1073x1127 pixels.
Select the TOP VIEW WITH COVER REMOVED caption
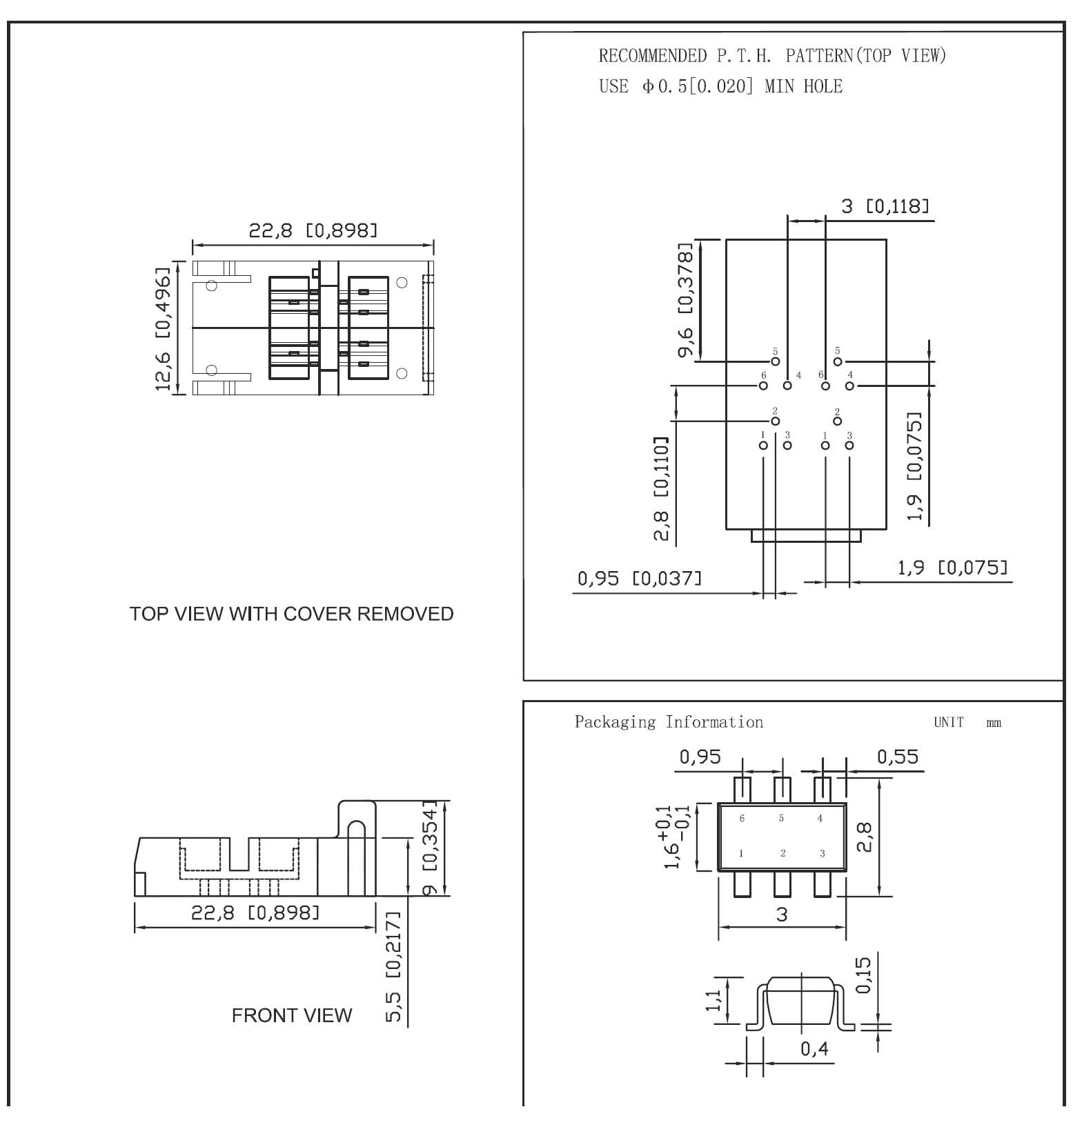(x=291, y=614)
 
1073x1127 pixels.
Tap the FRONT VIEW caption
(x=291, y=1015)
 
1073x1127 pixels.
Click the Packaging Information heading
(x=669, y=722)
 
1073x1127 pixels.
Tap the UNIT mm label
(x=967, y=722)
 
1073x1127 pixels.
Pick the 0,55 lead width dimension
(x=898, y=757)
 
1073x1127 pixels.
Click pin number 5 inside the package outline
(x=781, y=819)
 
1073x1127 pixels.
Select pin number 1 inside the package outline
(x=741, y=853)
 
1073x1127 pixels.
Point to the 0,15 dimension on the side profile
(x=863, y=975)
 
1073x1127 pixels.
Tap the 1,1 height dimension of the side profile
(x=713, y=999)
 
